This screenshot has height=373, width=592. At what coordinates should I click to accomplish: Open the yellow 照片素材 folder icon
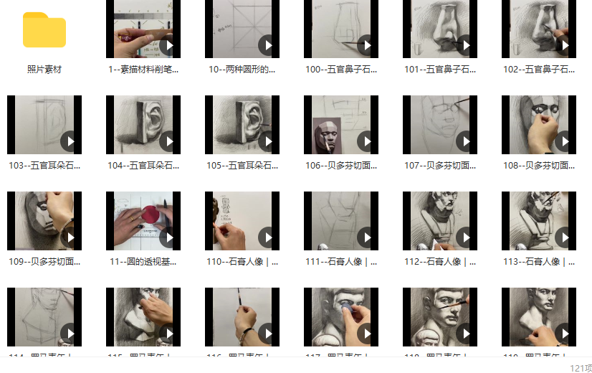(x=44, y=30)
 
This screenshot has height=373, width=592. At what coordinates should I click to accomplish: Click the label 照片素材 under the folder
(x=44, y=70)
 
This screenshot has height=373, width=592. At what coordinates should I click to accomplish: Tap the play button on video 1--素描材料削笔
(x=168, y=47)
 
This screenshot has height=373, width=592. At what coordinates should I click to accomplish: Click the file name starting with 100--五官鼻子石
(x=341, y=70)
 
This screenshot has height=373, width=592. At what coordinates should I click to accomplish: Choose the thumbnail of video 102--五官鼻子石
(x=539, y=29)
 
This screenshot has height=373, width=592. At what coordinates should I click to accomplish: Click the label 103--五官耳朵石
(x=44, y=166)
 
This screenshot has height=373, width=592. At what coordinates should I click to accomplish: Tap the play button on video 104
(x=168, y=141)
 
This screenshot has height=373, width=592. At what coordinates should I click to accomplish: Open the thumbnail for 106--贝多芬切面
(x=341, y=125)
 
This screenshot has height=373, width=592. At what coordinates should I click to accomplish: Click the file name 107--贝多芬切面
(x=440, y=166)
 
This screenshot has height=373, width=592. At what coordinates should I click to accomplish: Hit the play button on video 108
(x=564, y=141)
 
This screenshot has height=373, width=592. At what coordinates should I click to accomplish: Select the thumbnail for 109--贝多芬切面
(x=44, y=221)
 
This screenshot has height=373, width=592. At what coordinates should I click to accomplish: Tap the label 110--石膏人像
(x=242, y=262)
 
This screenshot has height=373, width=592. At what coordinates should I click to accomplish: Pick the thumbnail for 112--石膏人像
(x=440, y=221)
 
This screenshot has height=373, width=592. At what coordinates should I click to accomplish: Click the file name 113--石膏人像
(x=539, y=262)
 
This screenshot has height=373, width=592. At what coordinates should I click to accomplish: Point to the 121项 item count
(x=581, y=367)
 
